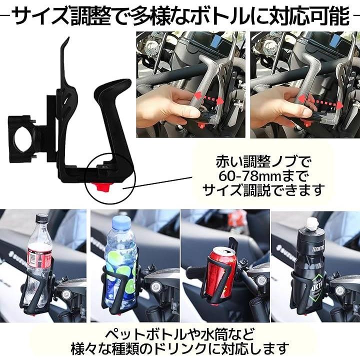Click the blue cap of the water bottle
(x=121, y=221)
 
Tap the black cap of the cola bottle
(x=42, y=218)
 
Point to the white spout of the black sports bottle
(x=312, y=223)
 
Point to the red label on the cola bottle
(x=39, y=258)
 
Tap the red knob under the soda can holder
(x=214, y=305)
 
